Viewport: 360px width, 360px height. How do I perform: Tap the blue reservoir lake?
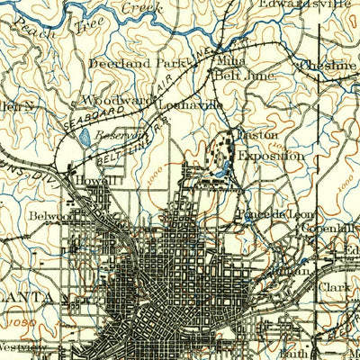(x=84, y=138)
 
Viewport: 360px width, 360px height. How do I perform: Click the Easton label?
(x=255, y=136)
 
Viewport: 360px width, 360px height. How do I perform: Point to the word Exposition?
(x=271, y=155)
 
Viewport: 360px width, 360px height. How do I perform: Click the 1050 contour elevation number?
(x=16, y=320)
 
